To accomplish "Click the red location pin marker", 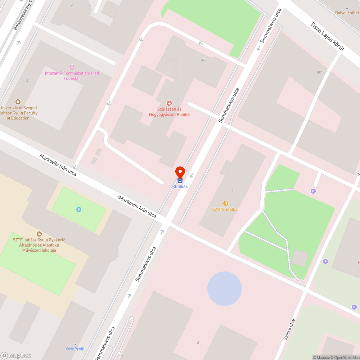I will pos(180,172).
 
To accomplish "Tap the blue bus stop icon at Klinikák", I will pos(180,181).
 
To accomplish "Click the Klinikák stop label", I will pos(180,187).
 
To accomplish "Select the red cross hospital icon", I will pos(169,103).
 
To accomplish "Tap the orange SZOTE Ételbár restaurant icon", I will pos(226,203).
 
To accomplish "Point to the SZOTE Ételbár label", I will pos(226,210).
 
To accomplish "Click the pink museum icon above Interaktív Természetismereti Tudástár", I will pos(72,67).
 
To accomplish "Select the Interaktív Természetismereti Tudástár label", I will pos(72,76).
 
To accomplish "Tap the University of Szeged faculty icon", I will pos(18,102).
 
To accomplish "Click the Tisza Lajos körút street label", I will pos(328,37).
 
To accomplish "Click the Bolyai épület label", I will pos(347,13).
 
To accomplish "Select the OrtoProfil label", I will pos(75,349).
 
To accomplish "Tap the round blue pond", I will pos(224,289).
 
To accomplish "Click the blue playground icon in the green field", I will pos(79,210).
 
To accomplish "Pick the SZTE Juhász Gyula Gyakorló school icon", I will pos(39,234).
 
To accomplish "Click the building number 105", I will pos(203,60).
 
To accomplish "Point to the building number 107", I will pos(319,73).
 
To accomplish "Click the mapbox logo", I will pos(16,355).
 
